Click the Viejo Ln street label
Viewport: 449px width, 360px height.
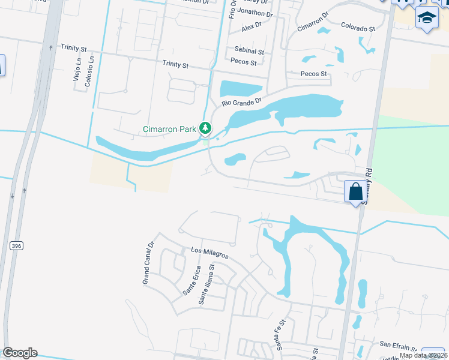click(x=77, y=70)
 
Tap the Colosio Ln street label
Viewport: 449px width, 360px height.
click(x=91, y=71)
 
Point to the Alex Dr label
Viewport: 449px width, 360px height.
click(x=252, y=27)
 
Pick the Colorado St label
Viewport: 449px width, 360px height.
click(x=358, y=28)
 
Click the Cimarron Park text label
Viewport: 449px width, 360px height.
click(x=170, y=128)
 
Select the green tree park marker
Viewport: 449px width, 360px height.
click(x=205, y=128)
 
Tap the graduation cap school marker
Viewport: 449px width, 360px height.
click(x=427, y=19)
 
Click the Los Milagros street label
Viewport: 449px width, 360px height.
click(x=209, y=253)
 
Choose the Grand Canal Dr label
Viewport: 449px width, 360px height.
click(x=148, y=263)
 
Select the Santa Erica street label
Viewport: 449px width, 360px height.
click(x=191, y=280)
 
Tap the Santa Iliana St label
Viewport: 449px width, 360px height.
click(x=209, y=287)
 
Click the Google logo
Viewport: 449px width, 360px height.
click(x=20, y=353)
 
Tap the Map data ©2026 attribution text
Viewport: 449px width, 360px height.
click(x=424, y=355)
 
